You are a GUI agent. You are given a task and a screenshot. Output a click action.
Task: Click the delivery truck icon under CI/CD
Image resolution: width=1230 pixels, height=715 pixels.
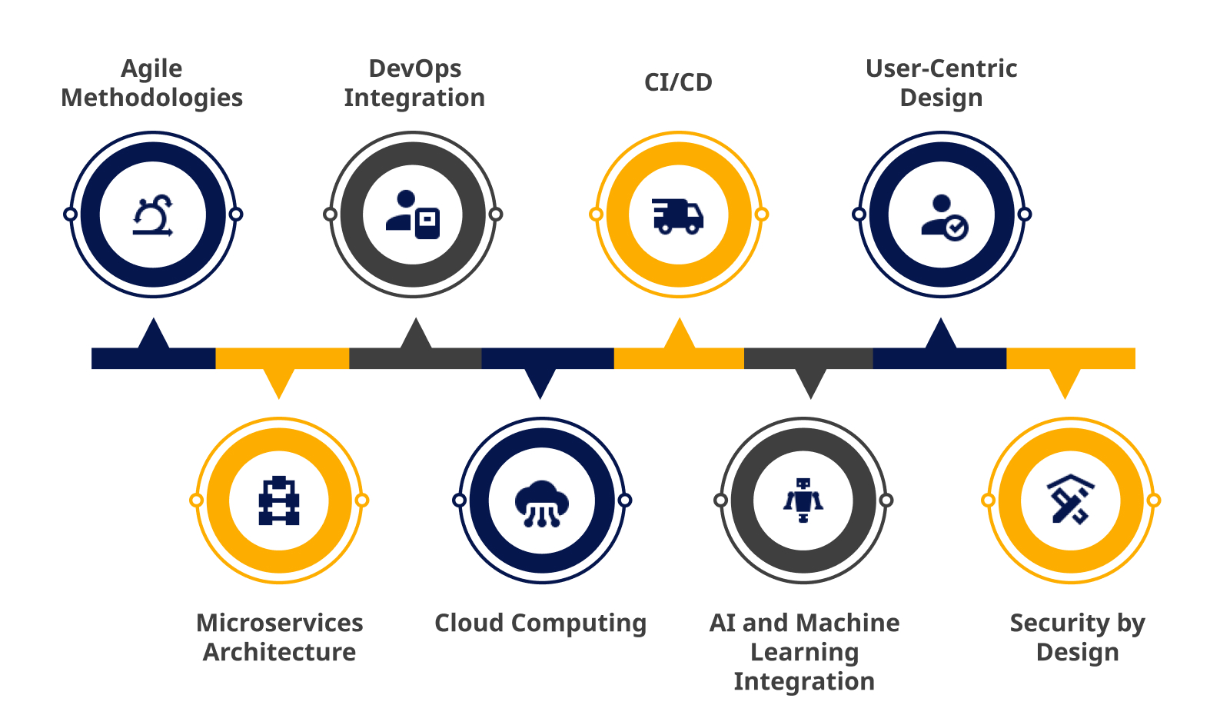[677, 216]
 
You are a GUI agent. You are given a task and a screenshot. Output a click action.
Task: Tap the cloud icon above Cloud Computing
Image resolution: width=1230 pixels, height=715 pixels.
[541, 504]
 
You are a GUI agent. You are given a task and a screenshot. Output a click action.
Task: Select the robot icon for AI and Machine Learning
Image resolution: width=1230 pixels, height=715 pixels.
[803, 500]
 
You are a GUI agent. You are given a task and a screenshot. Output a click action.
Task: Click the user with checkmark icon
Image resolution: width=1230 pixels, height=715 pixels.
[945, 218]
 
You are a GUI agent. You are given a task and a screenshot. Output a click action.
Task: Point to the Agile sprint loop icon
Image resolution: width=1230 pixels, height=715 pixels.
[153, 215]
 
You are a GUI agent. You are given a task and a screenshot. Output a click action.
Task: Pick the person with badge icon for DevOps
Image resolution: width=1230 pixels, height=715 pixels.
[413, 214]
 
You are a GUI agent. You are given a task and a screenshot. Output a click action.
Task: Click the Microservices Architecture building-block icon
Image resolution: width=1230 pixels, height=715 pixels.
[279, 500]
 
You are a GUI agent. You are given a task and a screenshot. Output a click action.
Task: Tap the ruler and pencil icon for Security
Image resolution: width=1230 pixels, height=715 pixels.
[1070, 499]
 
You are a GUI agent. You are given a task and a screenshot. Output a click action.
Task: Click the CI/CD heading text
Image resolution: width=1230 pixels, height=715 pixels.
[678, 82]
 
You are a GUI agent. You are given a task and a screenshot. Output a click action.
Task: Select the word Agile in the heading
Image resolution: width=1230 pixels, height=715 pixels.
[151, 69]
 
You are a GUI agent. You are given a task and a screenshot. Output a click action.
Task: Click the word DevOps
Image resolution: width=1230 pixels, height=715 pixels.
[414, 68]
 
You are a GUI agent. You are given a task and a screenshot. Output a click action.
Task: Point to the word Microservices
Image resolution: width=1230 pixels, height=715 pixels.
[280, 623]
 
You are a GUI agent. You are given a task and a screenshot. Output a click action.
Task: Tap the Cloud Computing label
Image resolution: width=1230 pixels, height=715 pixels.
[540, 624]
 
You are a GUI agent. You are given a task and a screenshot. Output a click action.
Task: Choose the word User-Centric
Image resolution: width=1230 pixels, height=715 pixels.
[941, 68]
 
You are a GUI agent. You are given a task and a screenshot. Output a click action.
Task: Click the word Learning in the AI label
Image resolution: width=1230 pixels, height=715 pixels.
[804, 653]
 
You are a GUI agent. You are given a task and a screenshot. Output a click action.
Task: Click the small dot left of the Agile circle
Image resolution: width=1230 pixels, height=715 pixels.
[70, 214]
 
